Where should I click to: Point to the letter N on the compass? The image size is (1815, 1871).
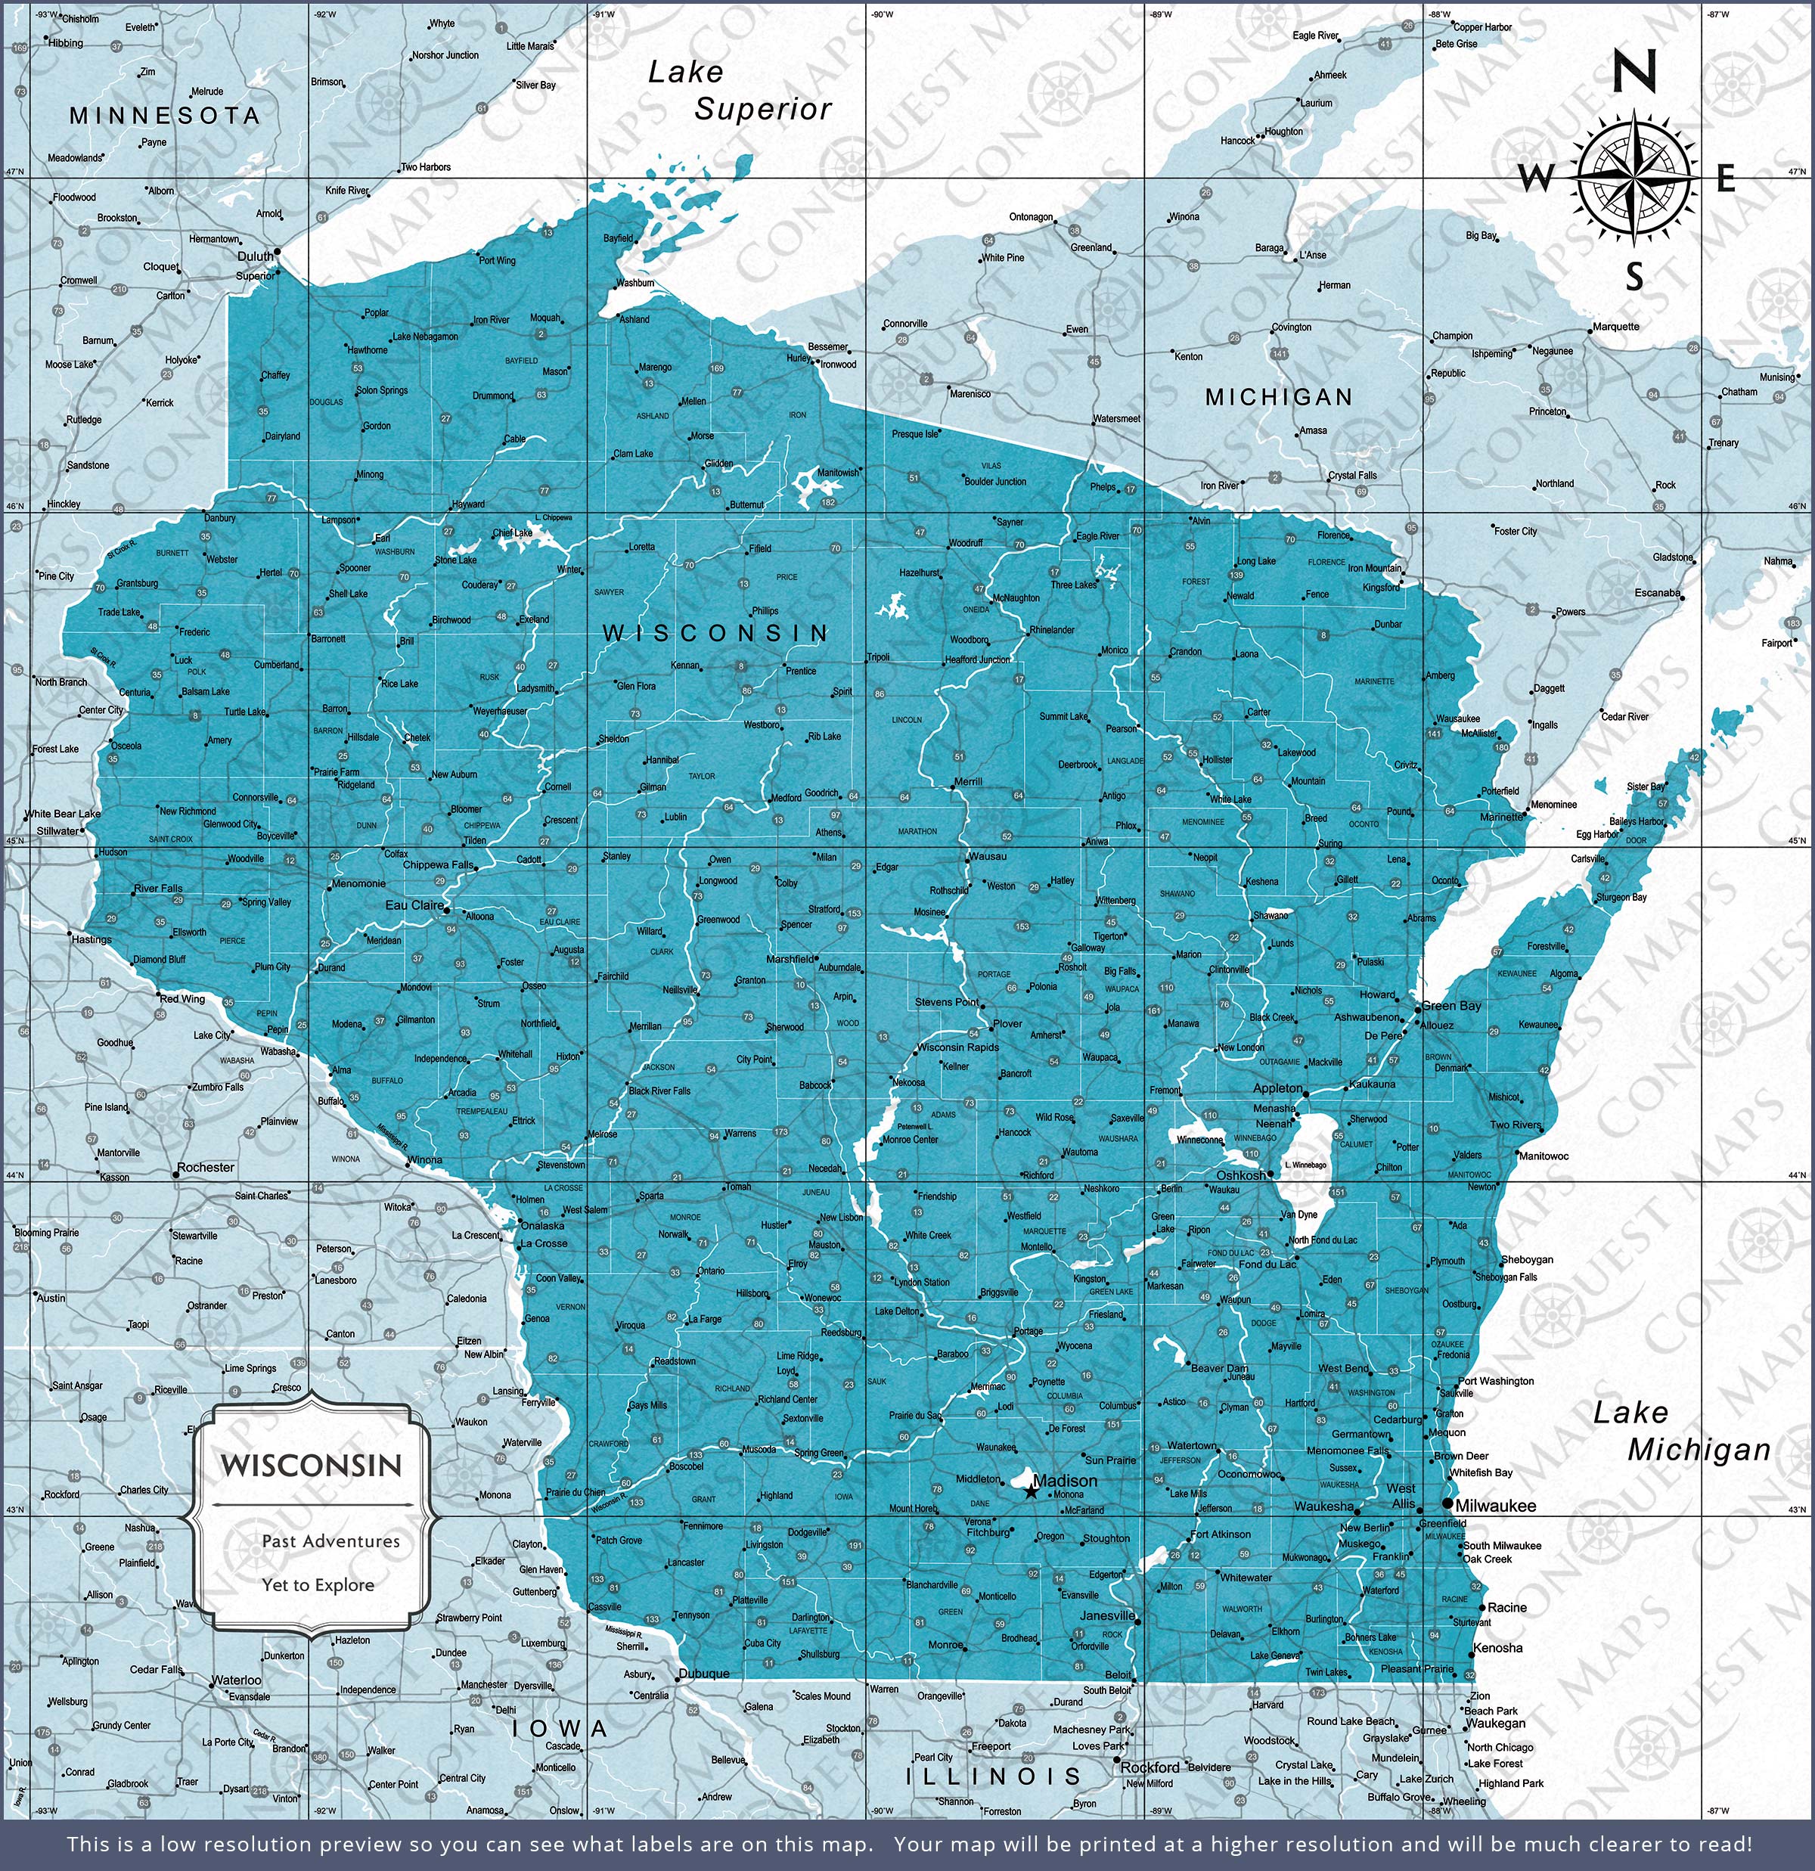point(1633,73)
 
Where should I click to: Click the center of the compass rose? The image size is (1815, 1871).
point(1634,178)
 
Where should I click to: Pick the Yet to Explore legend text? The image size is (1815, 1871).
point(318,1584)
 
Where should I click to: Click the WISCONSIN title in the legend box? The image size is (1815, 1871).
point(312,1466)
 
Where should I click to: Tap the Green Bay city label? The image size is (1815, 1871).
point(1451,1006)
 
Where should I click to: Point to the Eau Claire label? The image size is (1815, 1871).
point(414,905)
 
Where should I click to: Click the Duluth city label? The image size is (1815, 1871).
point(255,257)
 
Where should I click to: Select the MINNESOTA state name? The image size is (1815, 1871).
point(164,116)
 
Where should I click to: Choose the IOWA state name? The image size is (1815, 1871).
point(560,1729)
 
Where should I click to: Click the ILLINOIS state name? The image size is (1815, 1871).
point(993,1776)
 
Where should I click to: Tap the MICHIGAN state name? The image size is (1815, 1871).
point(1278,397)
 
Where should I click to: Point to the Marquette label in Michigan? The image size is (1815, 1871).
point(1615,327)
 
